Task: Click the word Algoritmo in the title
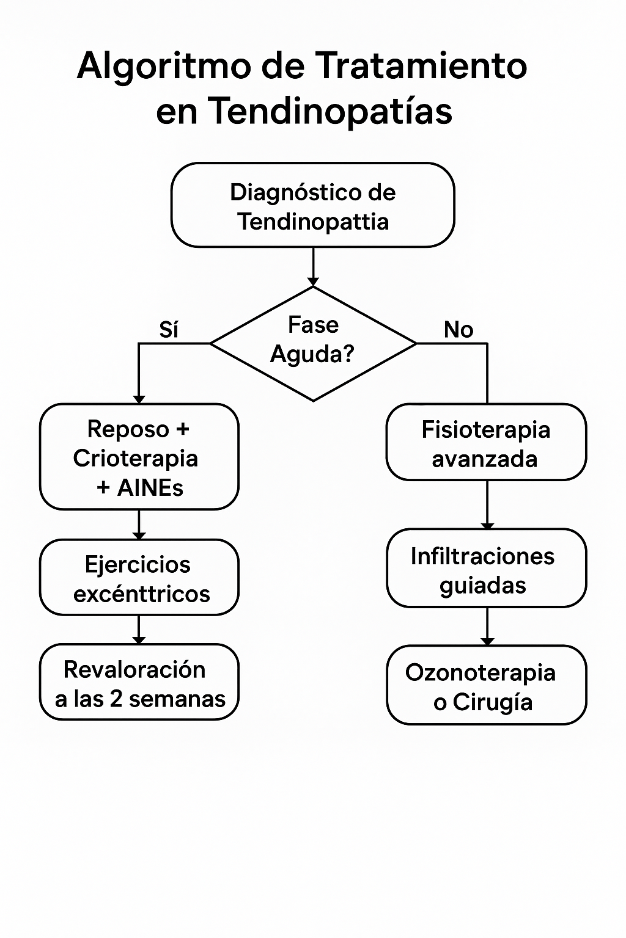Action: (164, 66)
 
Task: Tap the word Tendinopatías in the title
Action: (331, 111)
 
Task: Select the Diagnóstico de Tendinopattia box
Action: (313, 205)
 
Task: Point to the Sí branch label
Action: (169, 330)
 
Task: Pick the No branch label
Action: (458, 330)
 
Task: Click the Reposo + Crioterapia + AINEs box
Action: (139, 457)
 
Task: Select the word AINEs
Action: (150, 488)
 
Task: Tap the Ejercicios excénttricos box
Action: (139, 578)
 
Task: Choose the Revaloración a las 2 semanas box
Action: (139, 683)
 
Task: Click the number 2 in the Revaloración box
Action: (116, 699)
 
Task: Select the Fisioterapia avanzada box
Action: (486, 443)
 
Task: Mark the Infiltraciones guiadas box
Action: (486, 569)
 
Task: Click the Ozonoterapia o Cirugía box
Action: (486, 686)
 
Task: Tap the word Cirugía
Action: (493, 702)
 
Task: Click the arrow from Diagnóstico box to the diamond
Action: (313, 267)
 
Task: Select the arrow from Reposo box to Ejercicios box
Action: (139, 525)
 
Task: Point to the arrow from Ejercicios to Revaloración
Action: (139, 630)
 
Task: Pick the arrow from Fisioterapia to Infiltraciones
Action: (487, 504)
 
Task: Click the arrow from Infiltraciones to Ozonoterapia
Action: (487, 627)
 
